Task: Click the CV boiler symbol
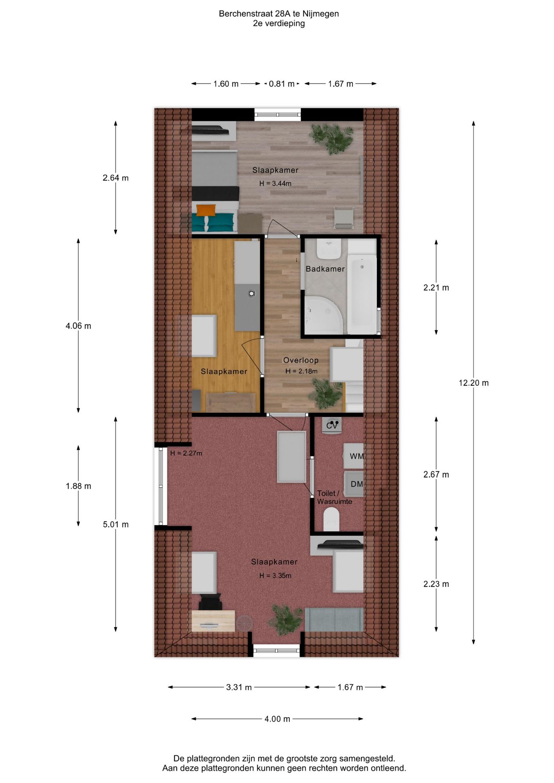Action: [332, 425]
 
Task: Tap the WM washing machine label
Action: [356, 456]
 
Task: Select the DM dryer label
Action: [356, 484]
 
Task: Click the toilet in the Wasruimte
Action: [331, 519]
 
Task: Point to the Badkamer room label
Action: [325, 269]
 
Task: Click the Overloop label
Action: [301, 360]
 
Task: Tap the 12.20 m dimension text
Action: [473, 383]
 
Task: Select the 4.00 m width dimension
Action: [277, 719]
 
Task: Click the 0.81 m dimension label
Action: [281, 84]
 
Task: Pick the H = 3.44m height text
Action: [275, 184]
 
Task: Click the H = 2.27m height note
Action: [186, 453]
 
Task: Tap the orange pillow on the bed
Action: [206, 210]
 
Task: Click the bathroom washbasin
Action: [329, 248]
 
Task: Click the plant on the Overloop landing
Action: [326, 393]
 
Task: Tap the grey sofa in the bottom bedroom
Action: [334, 619]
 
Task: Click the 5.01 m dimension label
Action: [115, 524]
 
